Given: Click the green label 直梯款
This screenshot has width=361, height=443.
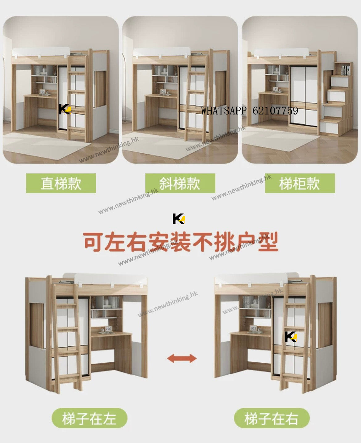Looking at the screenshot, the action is (61, 183).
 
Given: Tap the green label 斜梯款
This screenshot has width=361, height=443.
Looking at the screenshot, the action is (180, 183).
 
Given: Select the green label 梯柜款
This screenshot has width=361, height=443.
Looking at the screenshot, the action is (300, 183).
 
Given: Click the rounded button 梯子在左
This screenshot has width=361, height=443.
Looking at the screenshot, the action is (89, 418).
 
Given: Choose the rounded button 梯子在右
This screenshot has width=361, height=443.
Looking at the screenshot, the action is (272, 418).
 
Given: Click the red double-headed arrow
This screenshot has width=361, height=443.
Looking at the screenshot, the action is (182, 358).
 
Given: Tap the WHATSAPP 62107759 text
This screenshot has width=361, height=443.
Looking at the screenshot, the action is (249, 111).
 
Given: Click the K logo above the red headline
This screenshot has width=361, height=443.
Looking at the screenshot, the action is (179, 219).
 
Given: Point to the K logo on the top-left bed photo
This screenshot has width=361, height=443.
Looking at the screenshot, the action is (64, 109).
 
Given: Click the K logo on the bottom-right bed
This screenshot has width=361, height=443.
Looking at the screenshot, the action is (291, 337).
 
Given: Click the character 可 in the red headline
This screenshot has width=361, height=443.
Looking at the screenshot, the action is (93, 242).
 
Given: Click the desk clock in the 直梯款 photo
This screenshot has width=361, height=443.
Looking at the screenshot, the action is (43, 92).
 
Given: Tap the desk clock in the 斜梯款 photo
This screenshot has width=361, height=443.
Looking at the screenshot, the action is (163, 92).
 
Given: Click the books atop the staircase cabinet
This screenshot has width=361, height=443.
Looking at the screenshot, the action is (345, 70).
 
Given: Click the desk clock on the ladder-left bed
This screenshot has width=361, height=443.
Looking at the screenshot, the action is (108, 329).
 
